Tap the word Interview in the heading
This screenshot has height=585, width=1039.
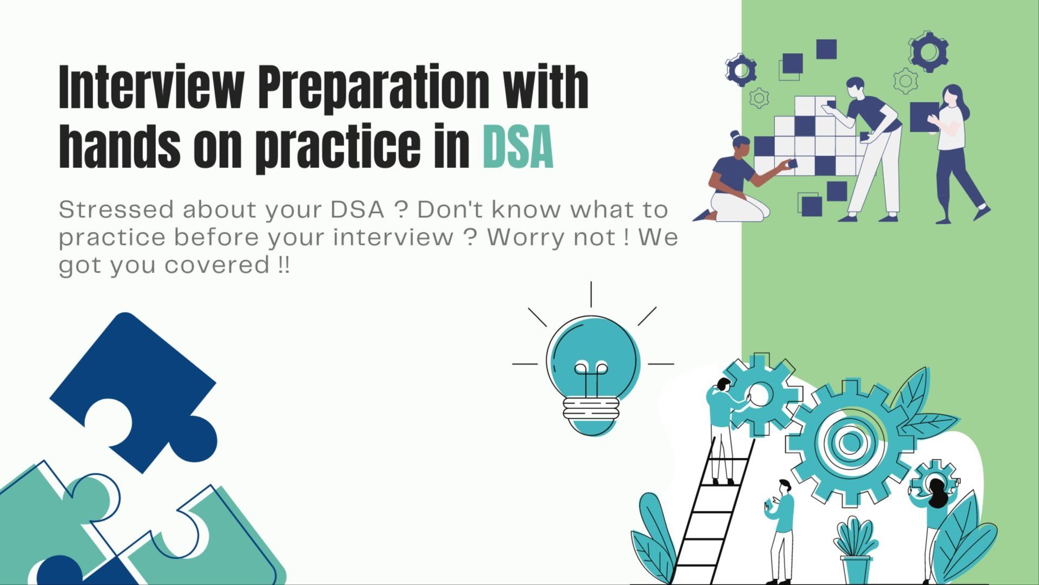coord(151,87)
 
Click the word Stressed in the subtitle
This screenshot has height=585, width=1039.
coord(116,210)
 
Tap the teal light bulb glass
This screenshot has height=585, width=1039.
coord(593,355)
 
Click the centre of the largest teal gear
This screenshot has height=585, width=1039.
coord(851,443)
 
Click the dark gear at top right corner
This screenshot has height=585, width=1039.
coord(929,52)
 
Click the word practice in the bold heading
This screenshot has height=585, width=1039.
coord(338,148)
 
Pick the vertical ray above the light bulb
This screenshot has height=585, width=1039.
coord(591,294)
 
